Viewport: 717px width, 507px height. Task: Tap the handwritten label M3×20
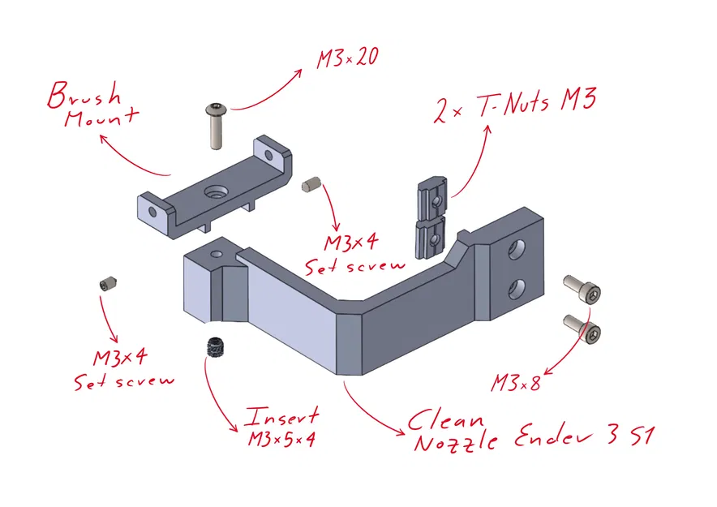[x=347, y=59]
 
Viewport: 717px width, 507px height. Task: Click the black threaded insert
[x=214, y=347]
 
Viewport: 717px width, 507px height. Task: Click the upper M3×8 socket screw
[x=584, y=290]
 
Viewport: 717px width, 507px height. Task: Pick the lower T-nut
[x=431, y=237]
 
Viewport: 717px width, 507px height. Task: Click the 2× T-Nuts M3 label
[x=514, y=106]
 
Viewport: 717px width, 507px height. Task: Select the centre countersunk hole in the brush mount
[x=217, y=193]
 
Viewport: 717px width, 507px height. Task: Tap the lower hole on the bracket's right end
[x=515, y=287]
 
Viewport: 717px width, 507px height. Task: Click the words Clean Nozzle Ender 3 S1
[x=527, y=431]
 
